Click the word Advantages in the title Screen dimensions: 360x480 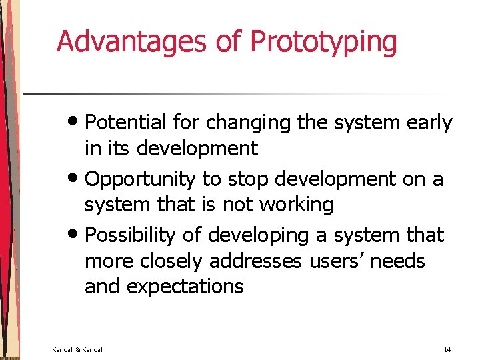click(x=133, y=41)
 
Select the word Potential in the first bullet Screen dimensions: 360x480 click(x=126, y=123)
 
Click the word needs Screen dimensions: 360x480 click(x=398, y=261)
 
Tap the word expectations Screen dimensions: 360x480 click(x=185, y=287)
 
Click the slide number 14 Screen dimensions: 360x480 click(x=446, y=349)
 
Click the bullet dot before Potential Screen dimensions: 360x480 click(x=76, y=123)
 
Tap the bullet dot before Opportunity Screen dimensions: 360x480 click(x=76, y=179)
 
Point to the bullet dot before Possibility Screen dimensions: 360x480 click(x=76, y=235)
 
